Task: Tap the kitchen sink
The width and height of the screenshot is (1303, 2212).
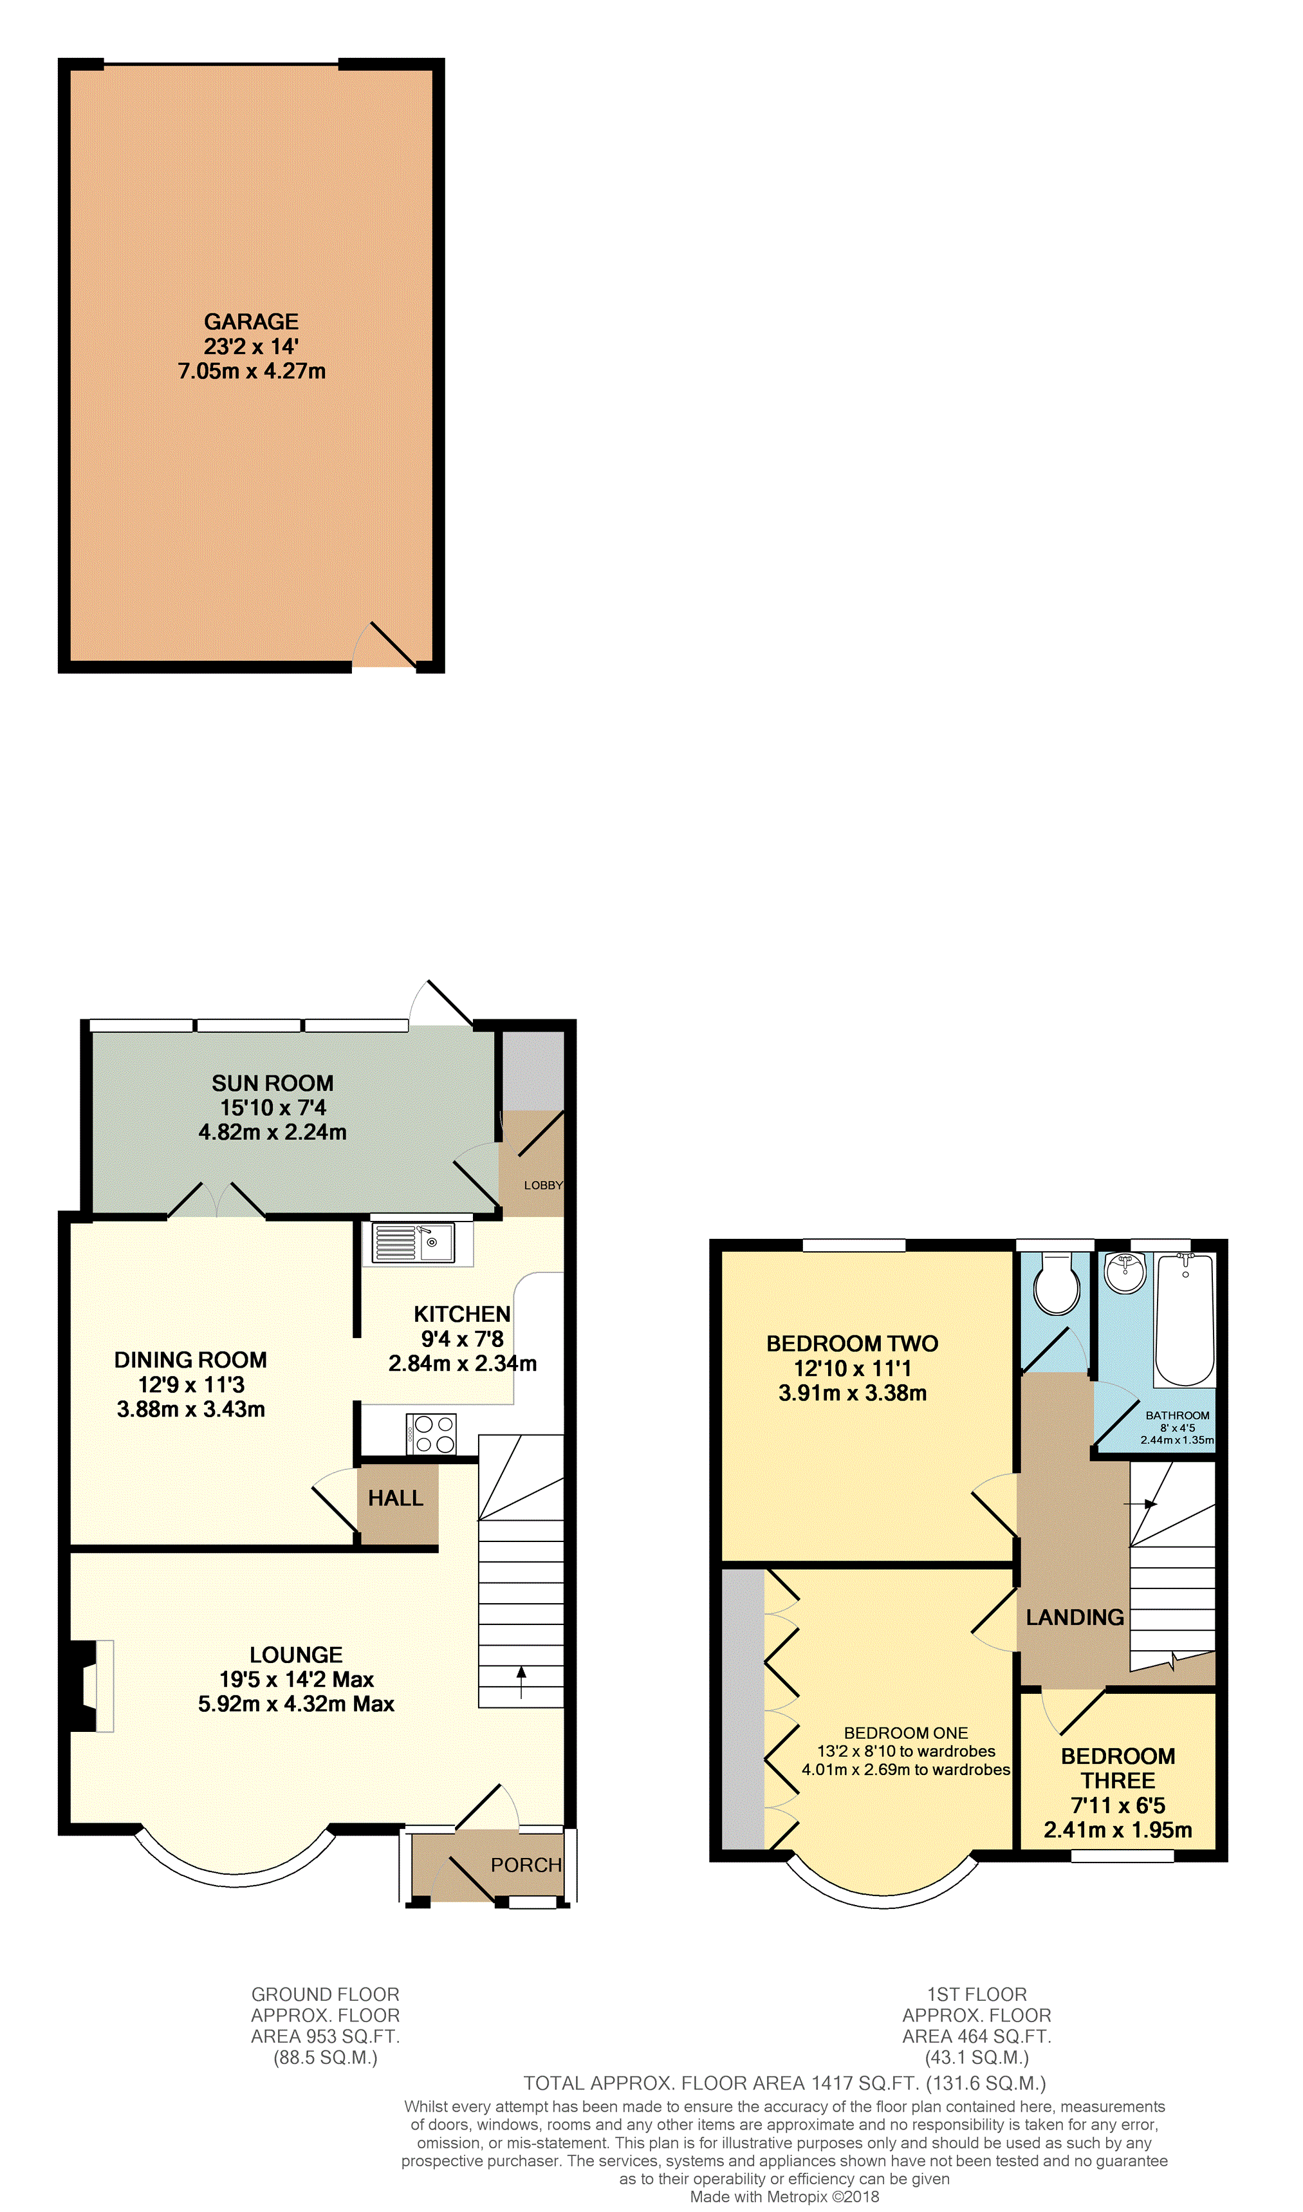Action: coord(414,1243)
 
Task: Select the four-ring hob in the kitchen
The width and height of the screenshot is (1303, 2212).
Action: coord(431,1434)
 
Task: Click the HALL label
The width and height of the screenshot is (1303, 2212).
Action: coord(396,1498)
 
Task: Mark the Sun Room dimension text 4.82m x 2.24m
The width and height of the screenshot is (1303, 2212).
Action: coord(272,1132)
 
